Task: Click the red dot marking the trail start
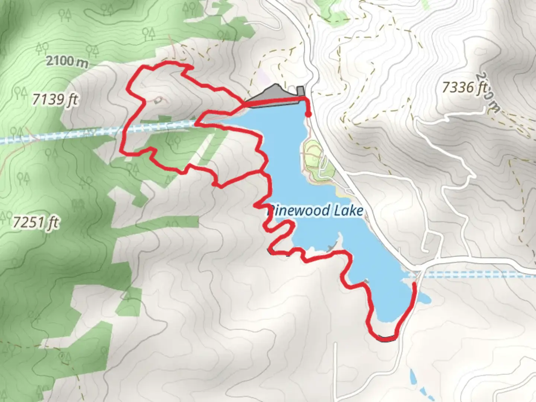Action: coord(308,114)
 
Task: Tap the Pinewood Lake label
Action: coord(315,211)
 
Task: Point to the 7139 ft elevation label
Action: coord(55,99)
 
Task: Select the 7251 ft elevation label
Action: coord(36,223)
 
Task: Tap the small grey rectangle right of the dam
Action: coord(300,91)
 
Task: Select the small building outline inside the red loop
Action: coord(158,100)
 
